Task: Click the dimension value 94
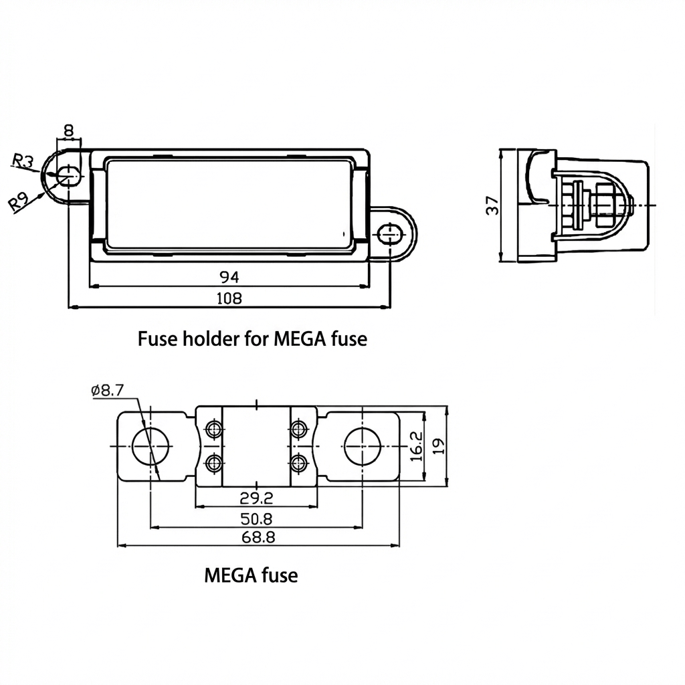[x=229, y=276]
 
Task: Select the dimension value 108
[x=229, y=298]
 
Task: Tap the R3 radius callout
[x=23, y=160]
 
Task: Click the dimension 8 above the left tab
[x=68, y=130]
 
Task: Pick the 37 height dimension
[x=493, y=206]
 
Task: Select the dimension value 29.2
[x=256, y=497]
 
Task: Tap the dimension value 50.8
[x=256, y=518]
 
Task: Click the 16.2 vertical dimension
[x=415, y=446]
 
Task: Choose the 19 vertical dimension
[x=437, y=446]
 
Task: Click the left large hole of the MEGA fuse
[x=151, y=446]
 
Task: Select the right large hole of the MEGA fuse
[x=363, y=446]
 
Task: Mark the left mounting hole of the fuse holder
[x=67, y=176]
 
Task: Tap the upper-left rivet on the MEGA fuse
[x=214, y=429]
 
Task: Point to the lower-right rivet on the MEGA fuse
[x=298, y=462]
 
